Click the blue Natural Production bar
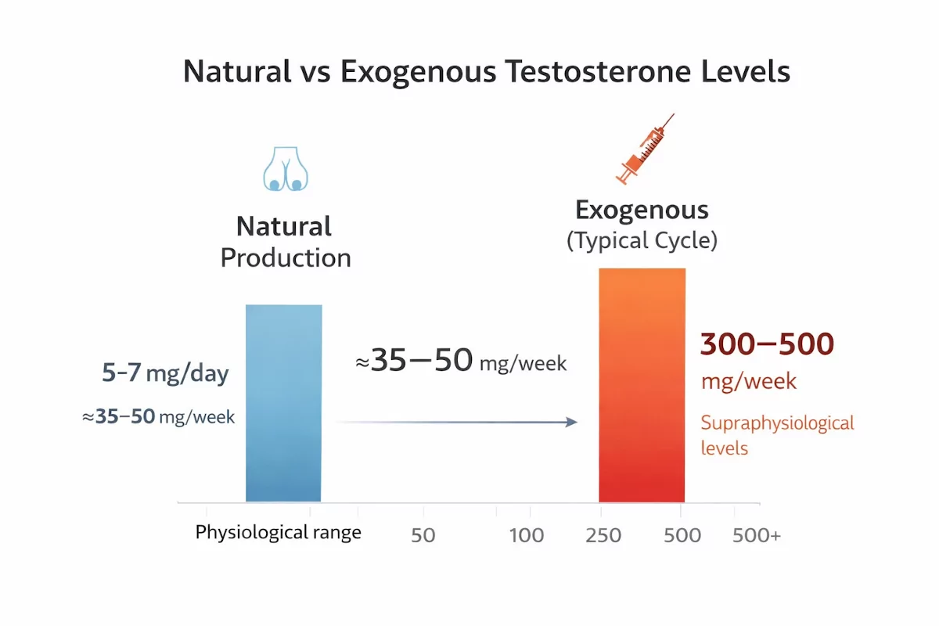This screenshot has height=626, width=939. pos(284,403)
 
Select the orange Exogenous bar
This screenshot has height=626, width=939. pos(642,385)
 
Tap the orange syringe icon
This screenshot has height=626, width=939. pos(645,149)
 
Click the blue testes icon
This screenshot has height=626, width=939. pos(286,168)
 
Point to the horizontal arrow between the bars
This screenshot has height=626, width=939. pos(457,422)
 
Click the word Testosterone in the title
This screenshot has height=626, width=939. pos(598,71)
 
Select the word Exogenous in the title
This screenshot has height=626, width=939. pos(419,72)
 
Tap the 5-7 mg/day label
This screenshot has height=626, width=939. pos(165,372)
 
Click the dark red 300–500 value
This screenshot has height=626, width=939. pos(767,344)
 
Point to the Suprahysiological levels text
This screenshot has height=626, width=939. pos(777,435)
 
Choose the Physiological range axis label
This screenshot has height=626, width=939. pos(279,533)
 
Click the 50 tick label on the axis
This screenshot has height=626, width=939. pos(423,535)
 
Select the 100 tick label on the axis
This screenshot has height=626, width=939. pos(527,535)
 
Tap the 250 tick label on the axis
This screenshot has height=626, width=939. pos(603,535)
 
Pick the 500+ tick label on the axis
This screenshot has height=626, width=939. pos(757,535)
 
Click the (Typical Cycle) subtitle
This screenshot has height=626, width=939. pos(642,241)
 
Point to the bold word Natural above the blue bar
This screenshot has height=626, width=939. pos(284,226)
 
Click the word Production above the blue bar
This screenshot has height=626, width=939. pos(286,258)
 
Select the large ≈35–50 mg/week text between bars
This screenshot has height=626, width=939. pos(461,360)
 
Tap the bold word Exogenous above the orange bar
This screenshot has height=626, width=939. pos(642,210)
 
